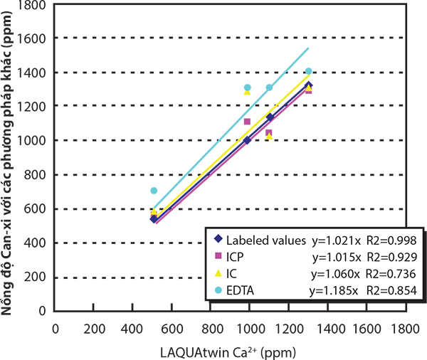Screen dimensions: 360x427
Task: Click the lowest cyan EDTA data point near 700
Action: pos(154,191)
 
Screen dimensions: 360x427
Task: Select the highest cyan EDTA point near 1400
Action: pos(308,71)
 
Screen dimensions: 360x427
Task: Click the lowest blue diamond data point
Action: pos(154,219)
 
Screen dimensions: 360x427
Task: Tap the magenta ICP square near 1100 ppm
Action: pos(269,133)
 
